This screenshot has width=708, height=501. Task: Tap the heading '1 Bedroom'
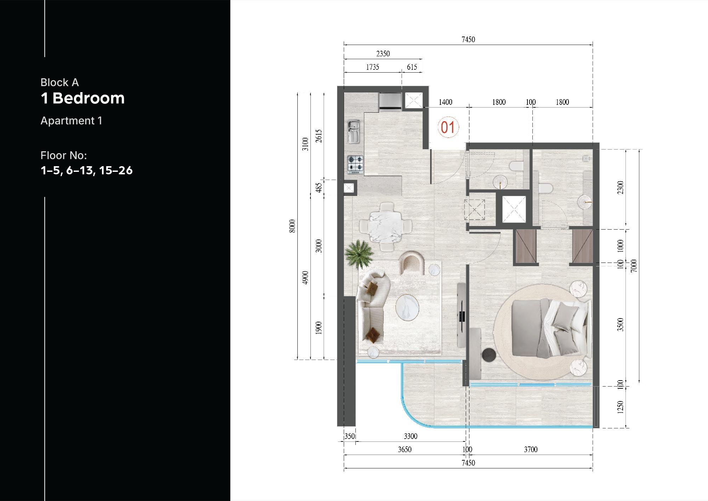coord(82,98)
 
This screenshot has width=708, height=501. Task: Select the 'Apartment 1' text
coord(71,121)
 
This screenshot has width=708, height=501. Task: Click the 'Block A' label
coord(59,83)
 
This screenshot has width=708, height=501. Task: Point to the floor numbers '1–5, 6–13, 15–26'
coord(86,170)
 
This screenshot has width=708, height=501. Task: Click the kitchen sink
coord(353,131)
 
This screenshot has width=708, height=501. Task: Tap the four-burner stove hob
coord(355,165)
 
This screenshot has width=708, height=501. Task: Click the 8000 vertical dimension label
coord(292,226)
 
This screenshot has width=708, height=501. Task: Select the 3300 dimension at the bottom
coord(411,436)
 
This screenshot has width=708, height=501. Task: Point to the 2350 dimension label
coord(383,54)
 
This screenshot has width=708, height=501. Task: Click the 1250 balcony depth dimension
coord(620,407)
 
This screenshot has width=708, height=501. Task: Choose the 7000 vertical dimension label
coord(634,266)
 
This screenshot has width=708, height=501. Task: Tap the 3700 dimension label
coord(530,450)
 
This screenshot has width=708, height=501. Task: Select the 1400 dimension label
coord(445,102)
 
